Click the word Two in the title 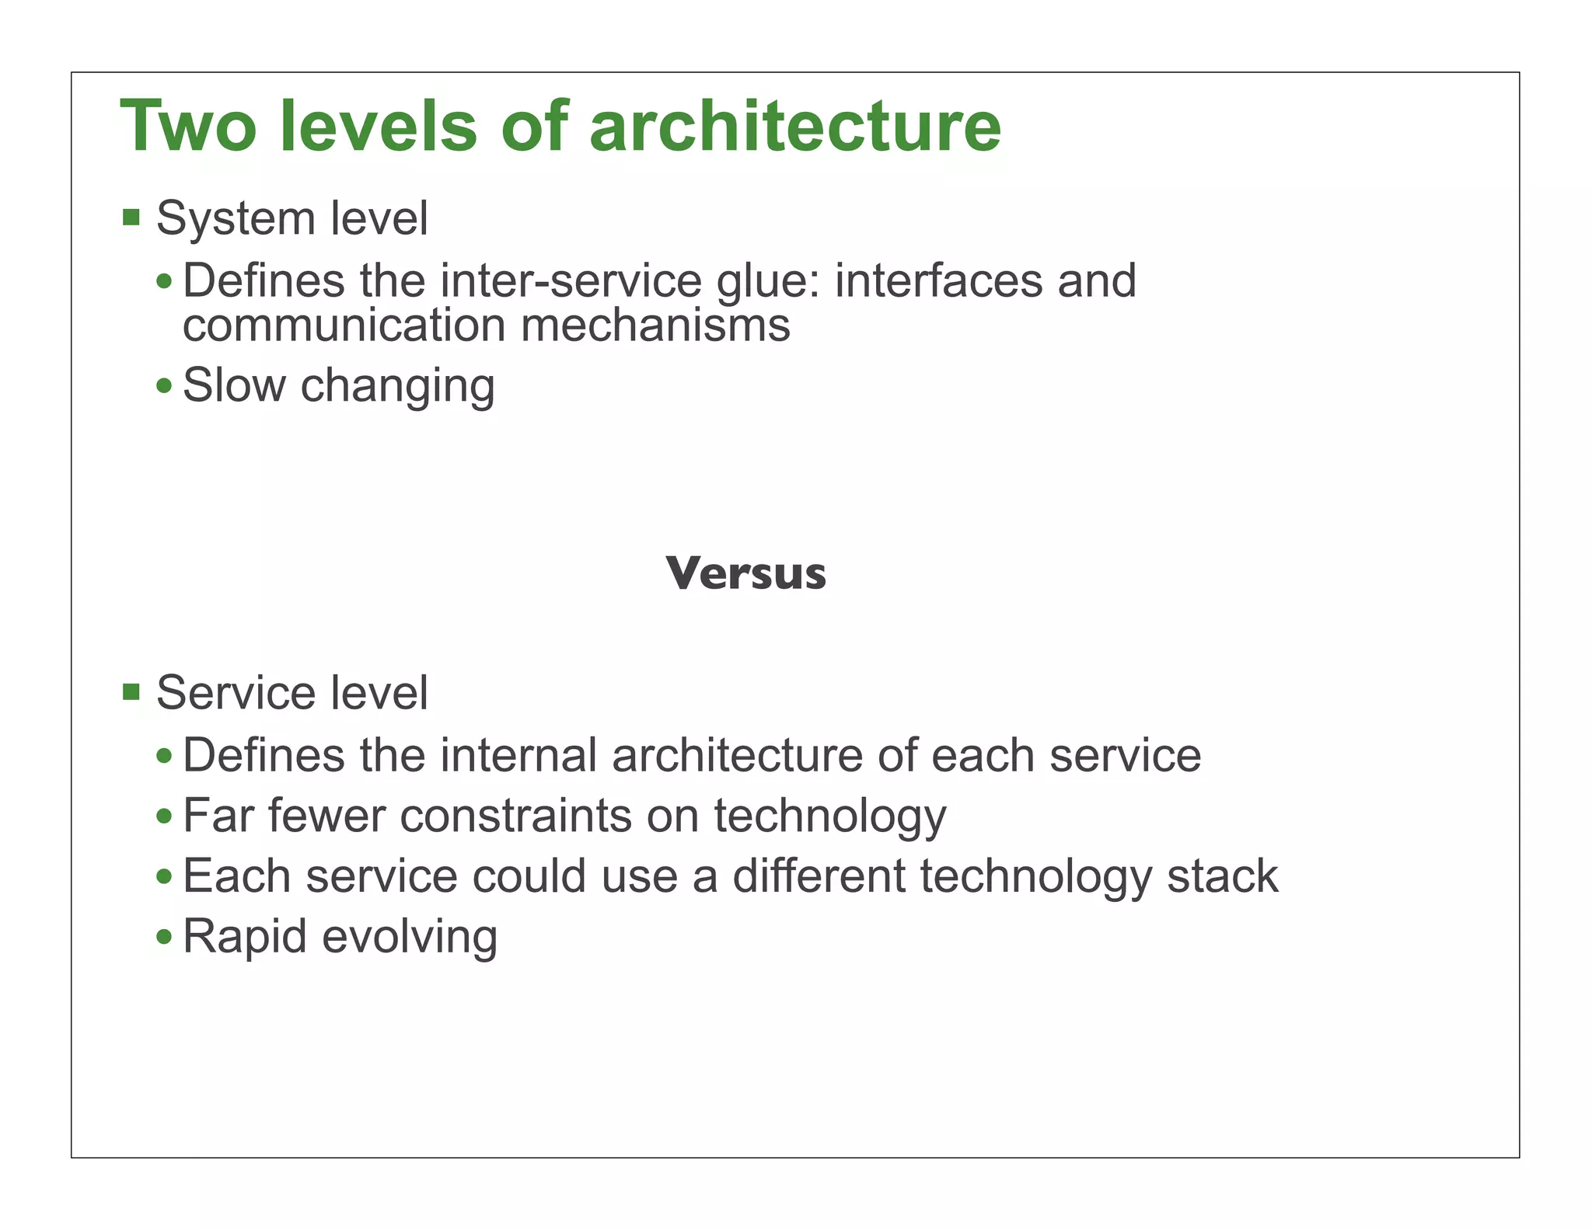(187, 127)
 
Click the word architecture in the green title (794, 127)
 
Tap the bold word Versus (745, 574)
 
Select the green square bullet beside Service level (131, 691)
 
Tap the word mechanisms (655, 325)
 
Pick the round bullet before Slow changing (164, 385)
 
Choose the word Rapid (245, 937)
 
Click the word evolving (410, 937)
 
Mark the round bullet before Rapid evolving (164, 937)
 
